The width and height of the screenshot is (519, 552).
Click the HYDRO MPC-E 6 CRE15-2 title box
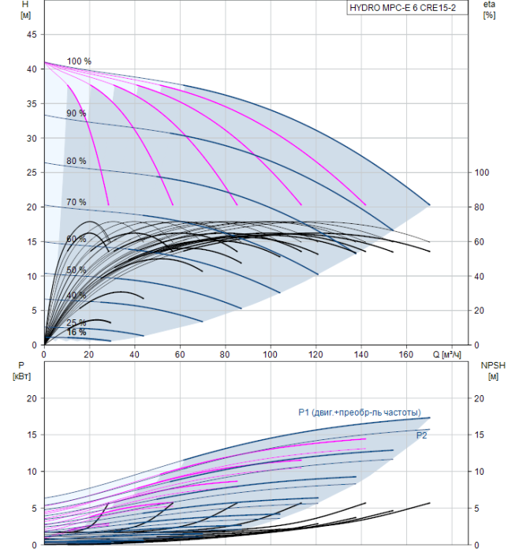click(407, 8)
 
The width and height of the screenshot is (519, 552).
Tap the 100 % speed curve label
click(79, 62)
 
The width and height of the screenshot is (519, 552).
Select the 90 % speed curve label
click(77, 114)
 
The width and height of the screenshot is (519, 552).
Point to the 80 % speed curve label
click(77, 161)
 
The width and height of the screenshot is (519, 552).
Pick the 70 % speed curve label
click(77, 202)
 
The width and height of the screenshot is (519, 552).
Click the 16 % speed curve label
click(77, 332)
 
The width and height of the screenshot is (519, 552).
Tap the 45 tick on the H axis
click(32, 35)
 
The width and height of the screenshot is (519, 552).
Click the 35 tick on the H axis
click(32, 104)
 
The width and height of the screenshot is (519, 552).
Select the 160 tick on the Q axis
click(406, 354)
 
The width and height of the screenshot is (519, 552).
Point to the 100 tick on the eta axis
click(482, 173)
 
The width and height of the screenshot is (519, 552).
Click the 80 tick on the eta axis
click(480, 207)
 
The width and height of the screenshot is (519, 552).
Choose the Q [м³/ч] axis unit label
click(446, 354)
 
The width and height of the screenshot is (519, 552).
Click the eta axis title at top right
click(490, 9)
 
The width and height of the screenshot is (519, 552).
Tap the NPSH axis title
click(493, 371)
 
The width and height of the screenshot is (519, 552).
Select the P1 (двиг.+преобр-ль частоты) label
click(360, 412)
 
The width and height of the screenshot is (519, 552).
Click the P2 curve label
click(421, 436)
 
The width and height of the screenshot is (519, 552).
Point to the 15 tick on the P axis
click(32, 435)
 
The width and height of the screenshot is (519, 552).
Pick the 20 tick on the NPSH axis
click(479, 398)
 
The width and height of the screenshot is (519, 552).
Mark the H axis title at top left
click(25, 9)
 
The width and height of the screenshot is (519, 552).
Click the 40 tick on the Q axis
click(134, 354)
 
